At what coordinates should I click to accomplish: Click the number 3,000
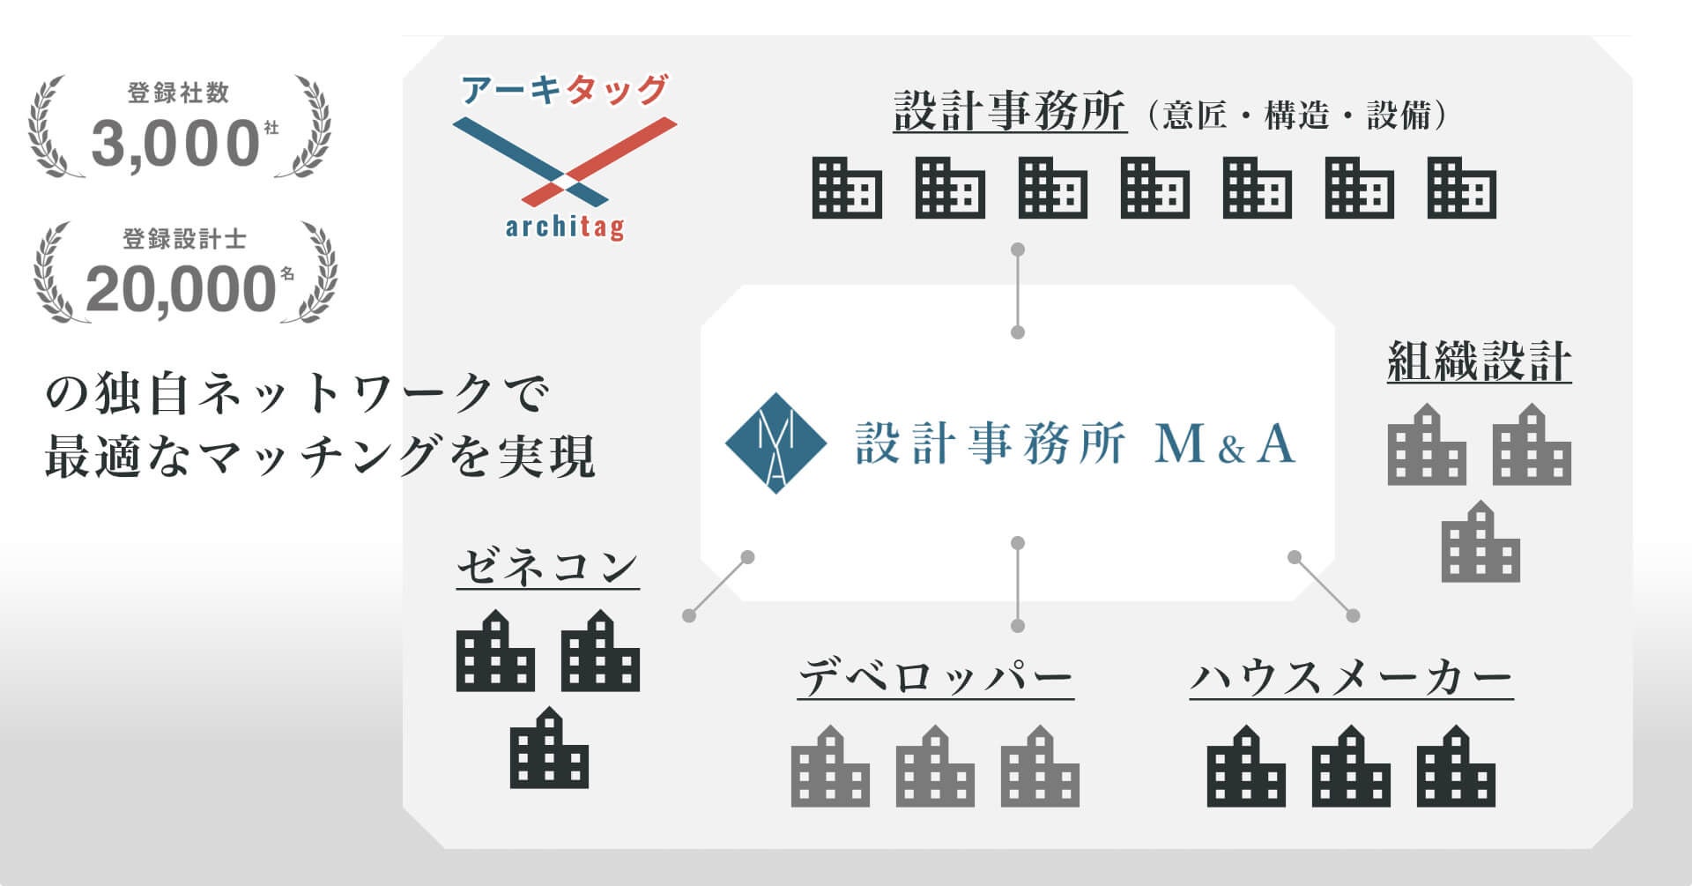tap(174, 144)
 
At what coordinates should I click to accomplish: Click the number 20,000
tap(181, 289)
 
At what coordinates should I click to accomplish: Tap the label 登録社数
tap(178, 93)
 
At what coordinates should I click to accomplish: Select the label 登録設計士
tap(184, 239)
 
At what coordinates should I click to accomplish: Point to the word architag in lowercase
tap(565, 227)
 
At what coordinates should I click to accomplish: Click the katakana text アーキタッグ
tap(565, 90)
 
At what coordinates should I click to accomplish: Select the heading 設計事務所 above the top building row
tap(1009, 112)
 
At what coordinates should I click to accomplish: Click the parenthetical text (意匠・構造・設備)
tap(1296, 115)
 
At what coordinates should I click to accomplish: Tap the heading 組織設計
tap(1479, 361)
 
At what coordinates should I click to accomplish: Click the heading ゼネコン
tap(547, 566)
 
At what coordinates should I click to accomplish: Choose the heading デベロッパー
tap(935, 678)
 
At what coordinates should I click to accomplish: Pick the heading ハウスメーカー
tap(1351, 678)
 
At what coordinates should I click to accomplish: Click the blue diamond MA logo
tap(775, 443)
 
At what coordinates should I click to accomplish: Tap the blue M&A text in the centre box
tap(1224, 444)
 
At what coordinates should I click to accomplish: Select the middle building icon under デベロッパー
tap(935, 766)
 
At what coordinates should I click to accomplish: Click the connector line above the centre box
tap(1018, 291)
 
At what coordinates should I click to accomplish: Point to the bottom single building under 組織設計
tap(1480, 541)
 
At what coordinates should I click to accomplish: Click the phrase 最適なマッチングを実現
tap(319, 457)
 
